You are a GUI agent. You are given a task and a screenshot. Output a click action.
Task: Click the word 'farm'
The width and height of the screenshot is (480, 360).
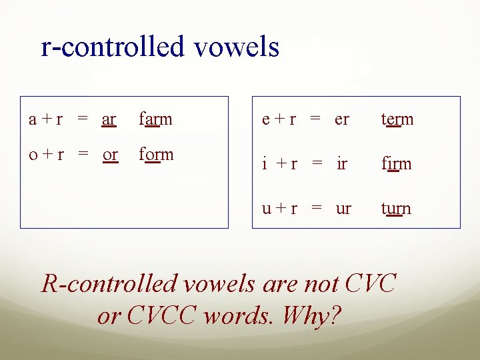coord(155,119)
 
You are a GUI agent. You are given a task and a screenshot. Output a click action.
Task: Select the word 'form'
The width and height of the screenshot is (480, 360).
coord(156,155)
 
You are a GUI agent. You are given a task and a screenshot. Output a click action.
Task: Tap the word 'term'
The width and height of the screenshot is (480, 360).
coord(397,119)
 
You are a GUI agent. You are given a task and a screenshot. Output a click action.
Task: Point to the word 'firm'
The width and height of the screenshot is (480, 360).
coord(396,164)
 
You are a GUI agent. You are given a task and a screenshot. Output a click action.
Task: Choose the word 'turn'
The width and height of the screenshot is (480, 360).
coord(396,209)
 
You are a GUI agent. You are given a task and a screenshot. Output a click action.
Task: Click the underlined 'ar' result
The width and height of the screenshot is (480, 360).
coord(109,120)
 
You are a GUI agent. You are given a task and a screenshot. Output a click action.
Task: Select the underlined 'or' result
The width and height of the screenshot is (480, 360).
coord(110,155)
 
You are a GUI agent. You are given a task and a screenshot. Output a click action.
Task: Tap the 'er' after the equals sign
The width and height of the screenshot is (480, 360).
coord(341,120)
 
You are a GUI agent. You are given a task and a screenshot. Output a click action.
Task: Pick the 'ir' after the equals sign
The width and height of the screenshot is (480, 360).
coord(341,164)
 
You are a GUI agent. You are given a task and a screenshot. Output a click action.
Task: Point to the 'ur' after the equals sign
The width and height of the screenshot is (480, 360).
coord(343,209)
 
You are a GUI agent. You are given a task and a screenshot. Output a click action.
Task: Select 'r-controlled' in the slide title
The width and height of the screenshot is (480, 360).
coord(112,47)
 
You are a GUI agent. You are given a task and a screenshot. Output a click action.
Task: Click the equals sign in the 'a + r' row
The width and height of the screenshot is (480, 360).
coord(83,120)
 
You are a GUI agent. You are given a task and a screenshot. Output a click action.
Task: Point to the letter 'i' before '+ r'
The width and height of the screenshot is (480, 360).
coord(264,164)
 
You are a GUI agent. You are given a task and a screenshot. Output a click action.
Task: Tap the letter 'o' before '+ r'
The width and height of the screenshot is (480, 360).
coord(33,155)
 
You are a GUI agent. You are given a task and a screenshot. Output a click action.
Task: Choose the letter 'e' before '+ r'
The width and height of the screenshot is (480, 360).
coord(266,120)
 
